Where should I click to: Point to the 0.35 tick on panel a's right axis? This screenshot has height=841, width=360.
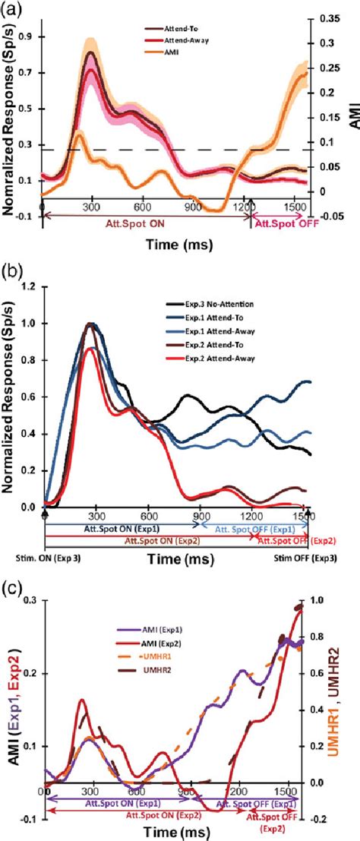click(330, 16)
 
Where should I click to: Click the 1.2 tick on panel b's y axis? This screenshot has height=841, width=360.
click(30, 286)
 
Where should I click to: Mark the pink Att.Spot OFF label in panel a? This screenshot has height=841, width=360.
click(282, 225)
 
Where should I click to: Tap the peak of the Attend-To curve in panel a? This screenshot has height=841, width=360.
click(91, 52)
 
